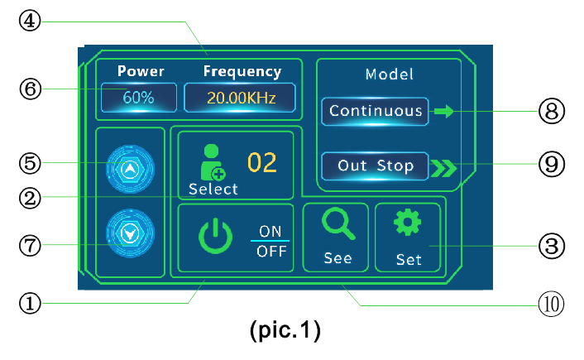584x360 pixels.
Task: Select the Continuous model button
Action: tap(376, 110)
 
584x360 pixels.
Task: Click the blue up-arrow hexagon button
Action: tap(130, 167)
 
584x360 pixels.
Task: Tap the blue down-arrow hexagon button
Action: tap(130, 233)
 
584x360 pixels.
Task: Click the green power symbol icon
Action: tap(214, 238)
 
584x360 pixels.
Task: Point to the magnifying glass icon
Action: tap(337, 223)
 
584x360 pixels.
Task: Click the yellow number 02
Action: tap(262, 162)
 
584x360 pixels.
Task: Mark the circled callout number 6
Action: tap(31, 88)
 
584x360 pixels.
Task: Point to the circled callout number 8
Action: tap(552, 110)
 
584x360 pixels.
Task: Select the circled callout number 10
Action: tap(552, 304)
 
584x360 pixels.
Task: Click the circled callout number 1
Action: tap(31, 304)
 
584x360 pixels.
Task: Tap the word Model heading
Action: tap(389, 74)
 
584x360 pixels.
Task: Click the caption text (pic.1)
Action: tap(285, 331)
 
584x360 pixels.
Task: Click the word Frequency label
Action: tap(242, 72)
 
